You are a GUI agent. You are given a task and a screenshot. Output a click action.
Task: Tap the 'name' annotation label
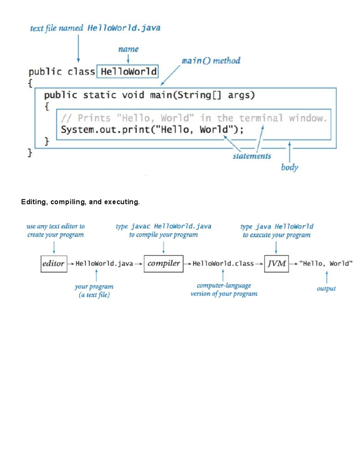[128, 49]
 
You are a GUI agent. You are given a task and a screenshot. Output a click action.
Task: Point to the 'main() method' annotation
[211, 61]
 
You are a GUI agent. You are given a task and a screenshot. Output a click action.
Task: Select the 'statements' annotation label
[252, 156]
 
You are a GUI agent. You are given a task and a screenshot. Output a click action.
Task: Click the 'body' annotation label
[289, 167]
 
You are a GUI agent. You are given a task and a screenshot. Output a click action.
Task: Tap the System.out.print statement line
[152, 130]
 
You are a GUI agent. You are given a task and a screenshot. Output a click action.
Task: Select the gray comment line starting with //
[193, 118]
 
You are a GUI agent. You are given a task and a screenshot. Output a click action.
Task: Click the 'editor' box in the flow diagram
[54, 264]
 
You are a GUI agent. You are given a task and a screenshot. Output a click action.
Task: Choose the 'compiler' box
[163, 263]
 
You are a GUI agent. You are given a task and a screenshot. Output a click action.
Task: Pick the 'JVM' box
[276, 264]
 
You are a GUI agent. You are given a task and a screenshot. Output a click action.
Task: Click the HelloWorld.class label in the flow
[223, 263]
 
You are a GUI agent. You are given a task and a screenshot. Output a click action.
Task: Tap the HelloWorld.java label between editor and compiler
[104, 263]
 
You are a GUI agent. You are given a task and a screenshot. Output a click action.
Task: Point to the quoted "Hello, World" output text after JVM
[326, 263]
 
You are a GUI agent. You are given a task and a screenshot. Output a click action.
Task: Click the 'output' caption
[326, 289]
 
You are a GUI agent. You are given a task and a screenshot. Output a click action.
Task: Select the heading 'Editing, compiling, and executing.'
[80, 202]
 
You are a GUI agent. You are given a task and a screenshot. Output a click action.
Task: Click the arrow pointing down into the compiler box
[163, 248]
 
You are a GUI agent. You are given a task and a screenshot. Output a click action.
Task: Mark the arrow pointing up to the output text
[327, 277]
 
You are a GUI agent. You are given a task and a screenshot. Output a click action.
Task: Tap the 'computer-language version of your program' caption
[224, 290]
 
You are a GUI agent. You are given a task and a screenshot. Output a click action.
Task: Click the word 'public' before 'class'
[45, 72]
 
